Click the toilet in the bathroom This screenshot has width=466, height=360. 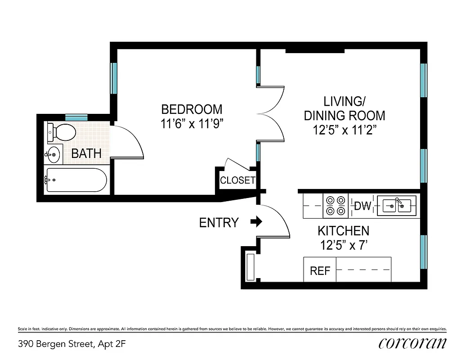click(x=62, y=132)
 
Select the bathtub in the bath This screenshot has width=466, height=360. click(x=76, y=180)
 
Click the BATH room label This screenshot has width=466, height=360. click(x=86, y=154)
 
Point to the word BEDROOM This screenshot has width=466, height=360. click(x=192, y=109)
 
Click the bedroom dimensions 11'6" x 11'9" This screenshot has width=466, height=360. click(x=192, y=124)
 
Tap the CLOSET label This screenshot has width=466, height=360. click(x=237, y=180)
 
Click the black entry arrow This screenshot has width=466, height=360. click(x=256, y=221)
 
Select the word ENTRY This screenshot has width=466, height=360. click(x=219, y=222)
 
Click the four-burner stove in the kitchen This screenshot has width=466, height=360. click(x=336, y=206)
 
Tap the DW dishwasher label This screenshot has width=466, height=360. click(x=363, y=206)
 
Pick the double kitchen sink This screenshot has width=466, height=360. click(x=396, y=206)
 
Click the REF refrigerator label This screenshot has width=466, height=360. click(x=320, y=271)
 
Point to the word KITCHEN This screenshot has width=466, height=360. click(x=343, y=231)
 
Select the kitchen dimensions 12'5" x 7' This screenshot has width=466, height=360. click(x=343, y=245)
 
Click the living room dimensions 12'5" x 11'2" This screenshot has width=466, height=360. click(x=345, y=130)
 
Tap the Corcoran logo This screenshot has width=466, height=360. click(x=412, y=343)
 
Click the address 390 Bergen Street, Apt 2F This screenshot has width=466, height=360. click(x=72, y=344)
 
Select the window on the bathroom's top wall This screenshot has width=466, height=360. click(x=76, y=117)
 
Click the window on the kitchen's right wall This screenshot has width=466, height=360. click(x=423, y=251)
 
